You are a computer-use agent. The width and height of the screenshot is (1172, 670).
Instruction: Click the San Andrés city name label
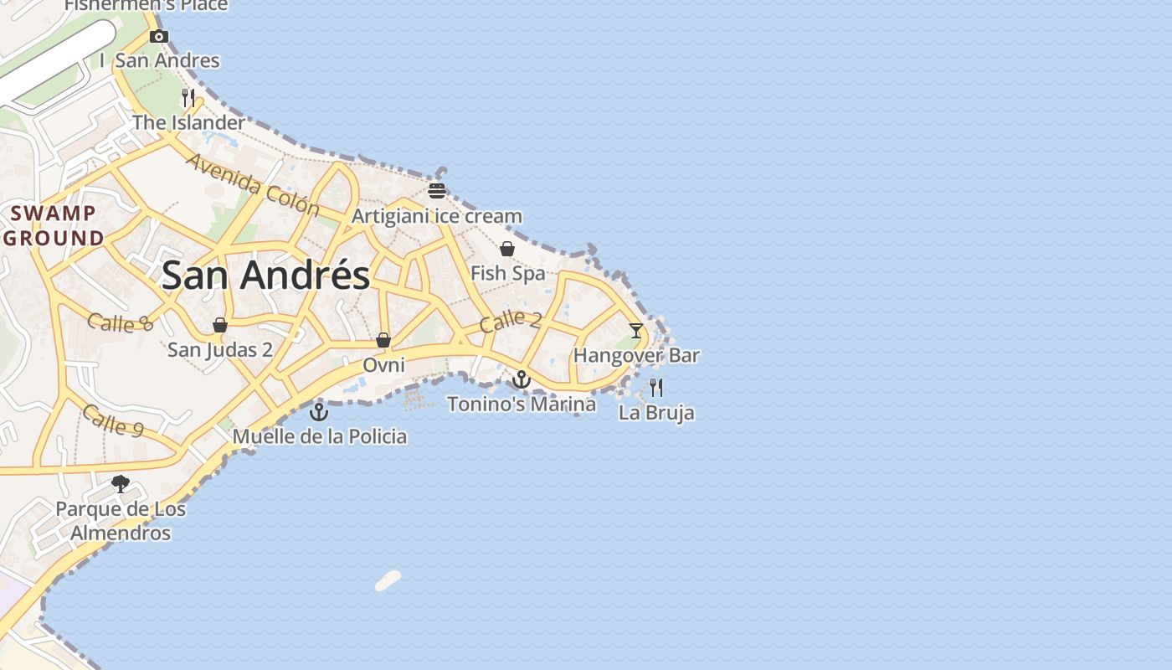click(x=265, y=275)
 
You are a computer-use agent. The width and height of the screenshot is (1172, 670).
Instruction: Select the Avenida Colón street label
click(x=253, y=184)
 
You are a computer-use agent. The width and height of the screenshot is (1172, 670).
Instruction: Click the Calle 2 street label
click(x=511, y=321)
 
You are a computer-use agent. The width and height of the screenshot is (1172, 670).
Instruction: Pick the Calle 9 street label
click(x=113, y=420)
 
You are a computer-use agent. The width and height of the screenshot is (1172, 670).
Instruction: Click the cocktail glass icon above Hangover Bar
click(x=636, y=330)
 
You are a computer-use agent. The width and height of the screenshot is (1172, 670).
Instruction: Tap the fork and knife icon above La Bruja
click(x=656, y=387)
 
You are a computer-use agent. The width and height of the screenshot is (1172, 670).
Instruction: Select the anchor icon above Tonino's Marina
click(x=522, y=379)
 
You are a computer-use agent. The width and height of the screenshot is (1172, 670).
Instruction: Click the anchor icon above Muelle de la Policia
click(x=319, y=411)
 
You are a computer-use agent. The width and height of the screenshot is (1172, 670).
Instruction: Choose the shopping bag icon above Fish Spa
click(x=507, y=249)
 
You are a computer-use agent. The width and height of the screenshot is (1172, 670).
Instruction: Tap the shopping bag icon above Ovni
click(x=383, y=340)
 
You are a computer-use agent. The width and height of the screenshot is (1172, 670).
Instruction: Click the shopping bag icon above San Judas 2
click(x=220, y=325)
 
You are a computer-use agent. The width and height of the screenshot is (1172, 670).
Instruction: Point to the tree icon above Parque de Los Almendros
click(x=121, y=483)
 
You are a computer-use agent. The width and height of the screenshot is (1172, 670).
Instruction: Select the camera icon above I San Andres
click(x=158, y=36)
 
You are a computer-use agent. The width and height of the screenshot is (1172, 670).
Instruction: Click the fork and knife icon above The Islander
click(x=188, y=98)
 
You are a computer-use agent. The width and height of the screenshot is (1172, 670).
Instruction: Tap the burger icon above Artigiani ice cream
click(x=436, y=190)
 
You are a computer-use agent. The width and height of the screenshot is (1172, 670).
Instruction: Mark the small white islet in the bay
click(x=388, y=580)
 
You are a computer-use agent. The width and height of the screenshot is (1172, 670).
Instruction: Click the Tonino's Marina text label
click(x=522, y=405)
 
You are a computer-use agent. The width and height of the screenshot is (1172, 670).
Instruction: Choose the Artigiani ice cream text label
click(x=436, y=216)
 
